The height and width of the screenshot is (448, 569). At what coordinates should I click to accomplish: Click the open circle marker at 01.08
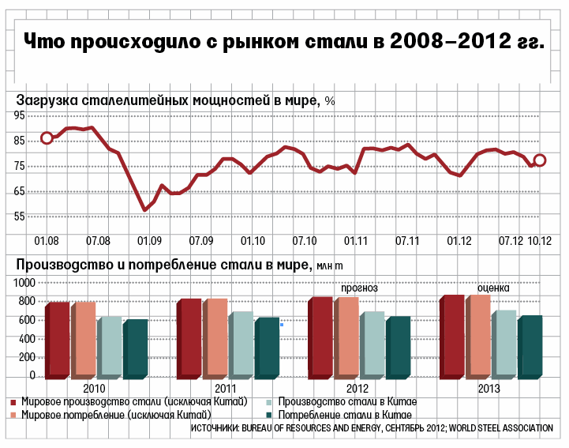[47, 138]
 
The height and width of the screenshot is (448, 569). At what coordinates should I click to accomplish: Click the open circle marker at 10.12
[540, 160]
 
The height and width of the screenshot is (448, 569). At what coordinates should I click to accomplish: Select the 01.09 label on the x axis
[149, 240]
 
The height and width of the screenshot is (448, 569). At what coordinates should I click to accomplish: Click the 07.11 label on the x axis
[407, 240]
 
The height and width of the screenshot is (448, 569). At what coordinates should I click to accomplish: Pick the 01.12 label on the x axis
[459, 240]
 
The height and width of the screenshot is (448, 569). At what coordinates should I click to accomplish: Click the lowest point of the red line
[144, 210]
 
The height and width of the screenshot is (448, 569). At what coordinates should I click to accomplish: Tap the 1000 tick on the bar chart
[24, 282]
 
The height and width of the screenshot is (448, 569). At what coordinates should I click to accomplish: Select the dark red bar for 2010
[58, 340]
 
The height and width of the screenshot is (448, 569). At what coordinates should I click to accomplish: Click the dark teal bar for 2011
[267, 348]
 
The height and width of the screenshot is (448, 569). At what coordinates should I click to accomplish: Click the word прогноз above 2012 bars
[359, 288]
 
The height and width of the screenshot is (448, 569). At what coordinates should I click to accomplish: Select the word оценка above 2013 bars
[493, 288]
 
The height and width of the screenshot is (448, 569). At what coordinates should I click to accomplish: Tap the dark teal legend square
[268, 415]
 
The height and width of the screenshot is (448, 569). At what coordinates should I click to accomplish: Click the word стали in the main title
[323, 41]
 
